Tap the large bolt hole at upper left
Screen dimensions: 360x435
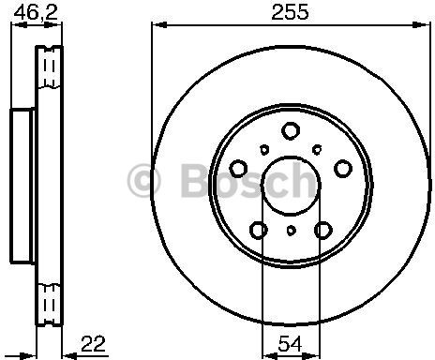pyautogui.click(x=240, y=167)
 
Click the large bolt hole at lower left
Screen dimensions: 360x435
pyautogui.click(x=259, y=228)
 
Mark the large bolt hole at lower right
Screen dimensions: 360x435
pyautogui.click(x=322, y=228)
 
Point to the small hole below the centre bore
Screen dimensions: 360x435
pyautogui.click(x=291, y=229)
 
